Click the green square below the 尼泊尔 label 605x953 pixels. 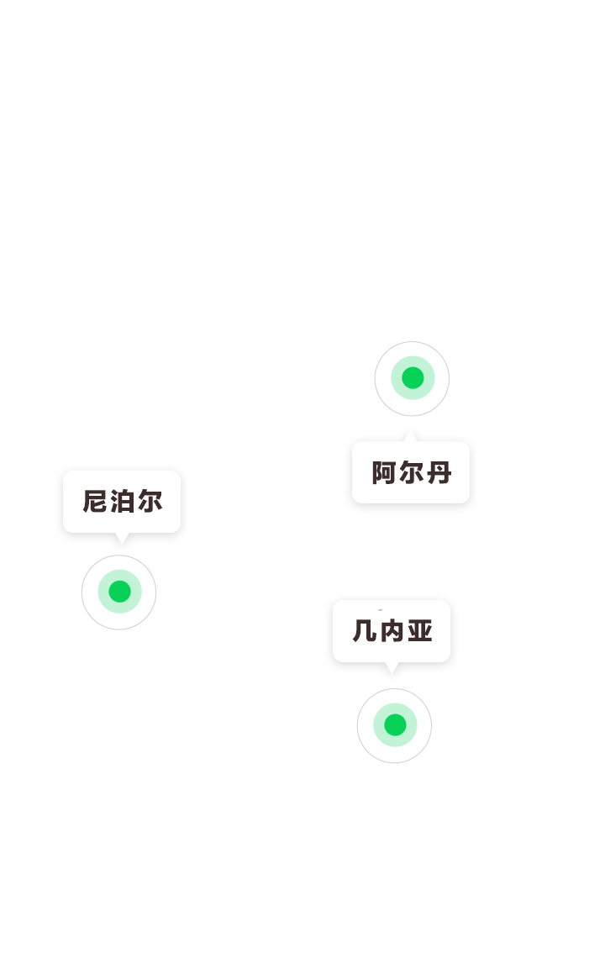coord(119,591)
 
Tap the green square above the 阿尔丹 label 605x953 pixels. coord(413,377)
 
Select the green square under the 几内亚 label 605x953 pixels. coord(395,724)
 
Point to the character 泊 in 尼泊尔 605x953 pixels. coord(122,502)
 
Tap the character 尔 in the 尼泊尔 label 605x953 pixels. coord(150,502)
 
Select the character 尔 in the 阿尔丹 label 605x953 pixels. coord(411,473)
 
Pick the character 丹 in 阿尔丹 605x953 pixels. coord(439,473)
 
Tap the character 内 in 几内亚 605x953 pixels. coord(392,631)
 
